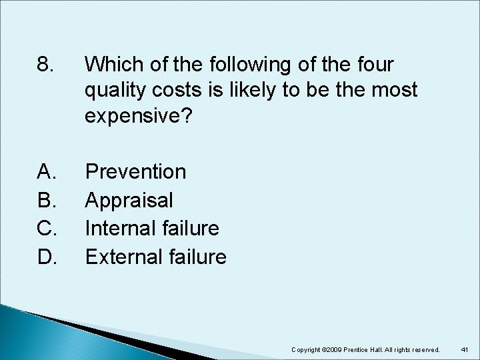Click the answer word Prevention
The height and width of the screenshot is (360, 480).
tap(136, 172)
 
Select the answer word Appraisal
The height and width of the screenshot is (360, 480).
tap(129, 200)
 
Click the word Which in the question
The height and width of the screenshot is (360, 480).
tap(113, 65)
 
